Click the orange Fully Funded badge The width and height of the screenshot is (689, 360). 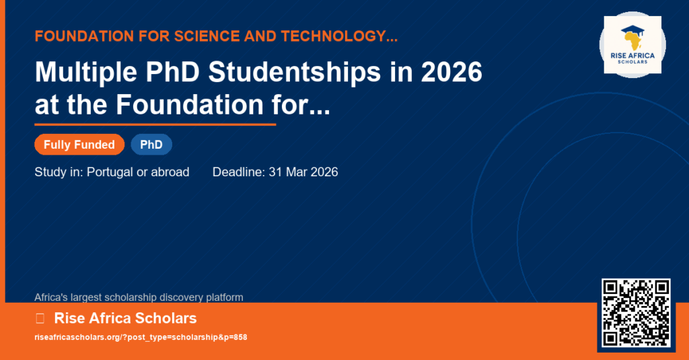coord(79,145)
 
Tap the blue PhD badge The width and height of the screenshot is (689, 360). coord(151,145)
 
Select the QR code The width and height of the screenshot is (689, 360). coord(636,313)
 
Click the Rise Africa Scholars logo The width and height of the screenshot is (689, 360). coord(632,45)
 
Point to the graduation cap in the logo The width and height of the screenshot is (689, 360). coord(632,31)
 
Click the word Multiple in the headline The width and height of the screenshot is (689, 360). coord(85,72)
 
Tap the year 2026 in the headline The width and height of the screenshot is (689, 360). coord(451,72)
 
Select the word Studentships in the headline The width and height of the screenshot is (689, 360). coord(295,72)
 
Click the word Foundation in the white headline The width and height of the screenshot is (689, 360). coord(189,104)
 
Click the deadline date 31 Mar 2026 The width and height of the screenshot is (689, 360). coord(303,172)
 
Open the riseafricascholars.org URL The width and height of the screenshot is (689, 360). coord(141,337)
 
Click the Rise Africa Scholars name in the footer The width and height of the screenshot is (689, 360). coord(125,318)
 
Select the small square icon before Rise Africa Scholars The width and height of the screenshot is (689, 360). coord(40,318)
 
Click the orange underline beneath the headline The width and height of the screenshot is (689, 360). coord(155,124)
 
